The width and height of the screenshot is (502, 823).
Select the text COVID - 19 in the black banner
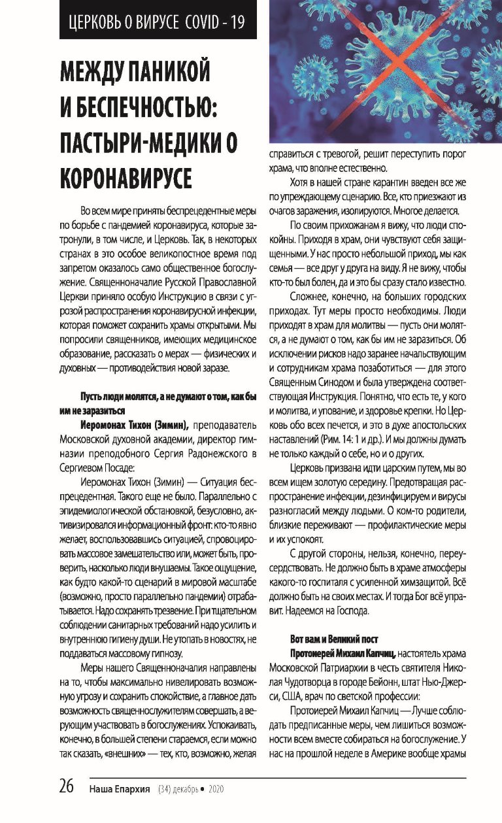(x=216, y=22)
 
